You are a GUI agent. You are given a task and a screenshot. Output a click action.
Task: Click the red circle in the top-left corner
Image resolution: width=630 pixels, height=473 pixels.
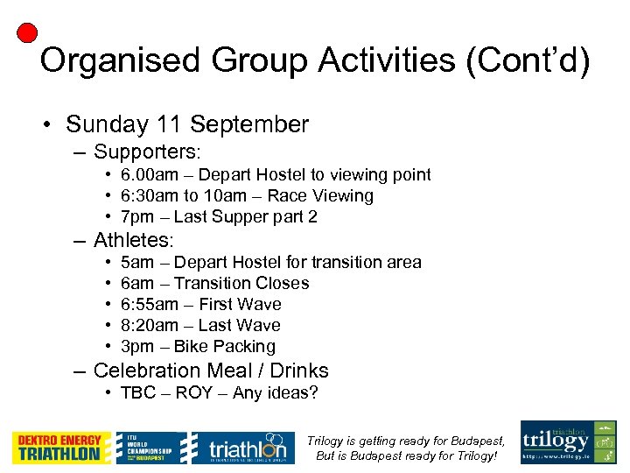(27, 33)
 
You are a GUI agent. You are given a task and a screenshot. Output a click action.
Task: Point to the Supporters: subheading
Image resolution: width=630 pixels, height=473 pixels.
(147, 152)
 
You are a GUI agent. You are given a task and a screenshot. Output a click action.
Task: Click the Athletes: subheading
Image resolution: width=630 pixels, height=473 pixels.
(134, 240)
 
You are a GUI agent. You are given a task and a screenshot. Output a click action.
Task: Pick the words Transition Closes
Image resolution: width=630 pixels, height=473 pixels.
(241, 284)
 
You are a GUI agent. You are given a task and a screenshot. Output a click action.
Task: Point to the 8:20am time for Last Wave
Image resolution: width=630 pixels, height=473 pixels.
(150, 326)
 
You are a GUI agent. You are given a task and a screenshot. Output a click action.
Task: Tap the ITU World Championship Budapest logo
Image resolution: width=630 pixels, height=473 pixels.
(150, 448)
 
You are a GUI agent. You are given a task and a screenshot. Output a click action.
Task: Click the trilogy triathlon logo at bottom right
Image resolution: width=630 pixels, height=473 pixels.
(569, 442)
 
